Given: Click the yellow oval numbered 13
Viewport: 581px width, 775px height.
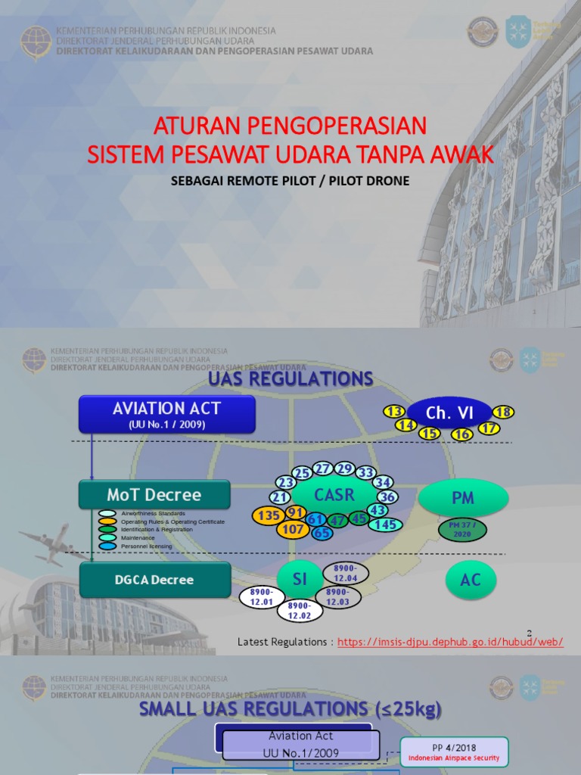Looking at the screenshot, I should (393, 411).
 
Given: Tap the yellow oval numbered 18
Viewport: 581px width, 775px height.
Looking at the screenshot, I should (503, 412).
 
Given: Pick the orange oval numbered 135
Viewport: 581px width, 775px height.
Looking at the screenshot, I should (268, 515).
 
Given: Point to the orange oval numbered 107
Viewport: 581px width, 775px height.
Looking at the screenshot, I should (292, 529).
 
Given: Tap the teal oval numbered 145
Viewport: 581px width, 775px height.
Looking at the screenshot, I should (387, 524).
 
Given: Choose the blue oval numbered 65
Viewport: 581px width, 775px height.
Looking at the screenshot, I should (322, 532).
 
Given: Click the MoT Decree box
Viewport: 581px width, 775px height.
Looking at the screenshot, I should (154, 495).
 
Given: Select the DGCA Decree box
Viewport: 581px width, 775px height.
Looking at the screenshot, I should (154, 580).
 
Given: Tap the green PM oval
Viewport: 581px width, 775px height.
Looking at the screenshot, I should (462, 498).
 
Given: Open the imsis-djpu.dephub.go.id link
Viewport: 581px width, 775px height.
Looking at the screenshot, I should (450, 642).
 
